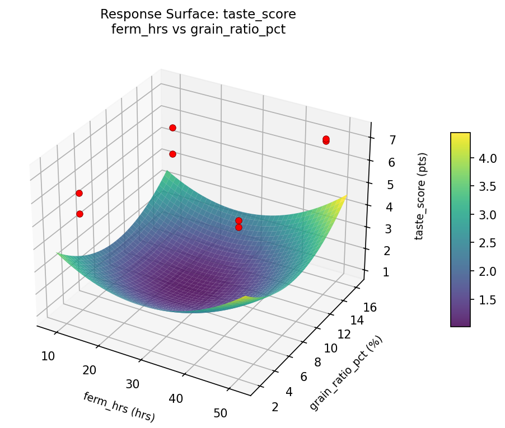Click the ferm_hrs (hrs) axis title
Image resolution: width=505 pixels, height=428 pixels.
[119, 407]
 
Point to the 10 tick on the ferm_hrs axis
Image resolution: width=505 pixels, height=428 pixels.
[48, 356]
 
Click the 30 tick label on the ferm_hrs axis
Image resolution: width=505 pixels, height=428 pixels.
[133, 384]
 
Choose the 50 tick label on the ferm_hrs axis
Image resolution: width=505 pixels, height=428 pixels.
[220, 412]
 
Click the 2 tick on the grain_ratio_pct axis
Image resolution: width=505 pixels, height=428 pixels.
[275, 406]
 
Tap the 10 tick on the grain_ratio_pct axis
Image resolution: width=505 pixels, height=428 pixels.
[331, 348]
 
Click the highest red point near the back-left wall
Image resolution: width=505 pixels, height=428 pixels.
[172, 128]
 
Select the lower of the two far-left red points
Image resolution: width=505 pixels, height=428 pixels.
[80, 214]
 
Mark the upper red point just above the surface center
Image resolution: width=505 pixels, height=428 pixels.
[239, 220]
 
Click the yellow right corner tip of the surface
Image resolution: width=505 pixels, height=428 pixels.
[347, 195]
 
